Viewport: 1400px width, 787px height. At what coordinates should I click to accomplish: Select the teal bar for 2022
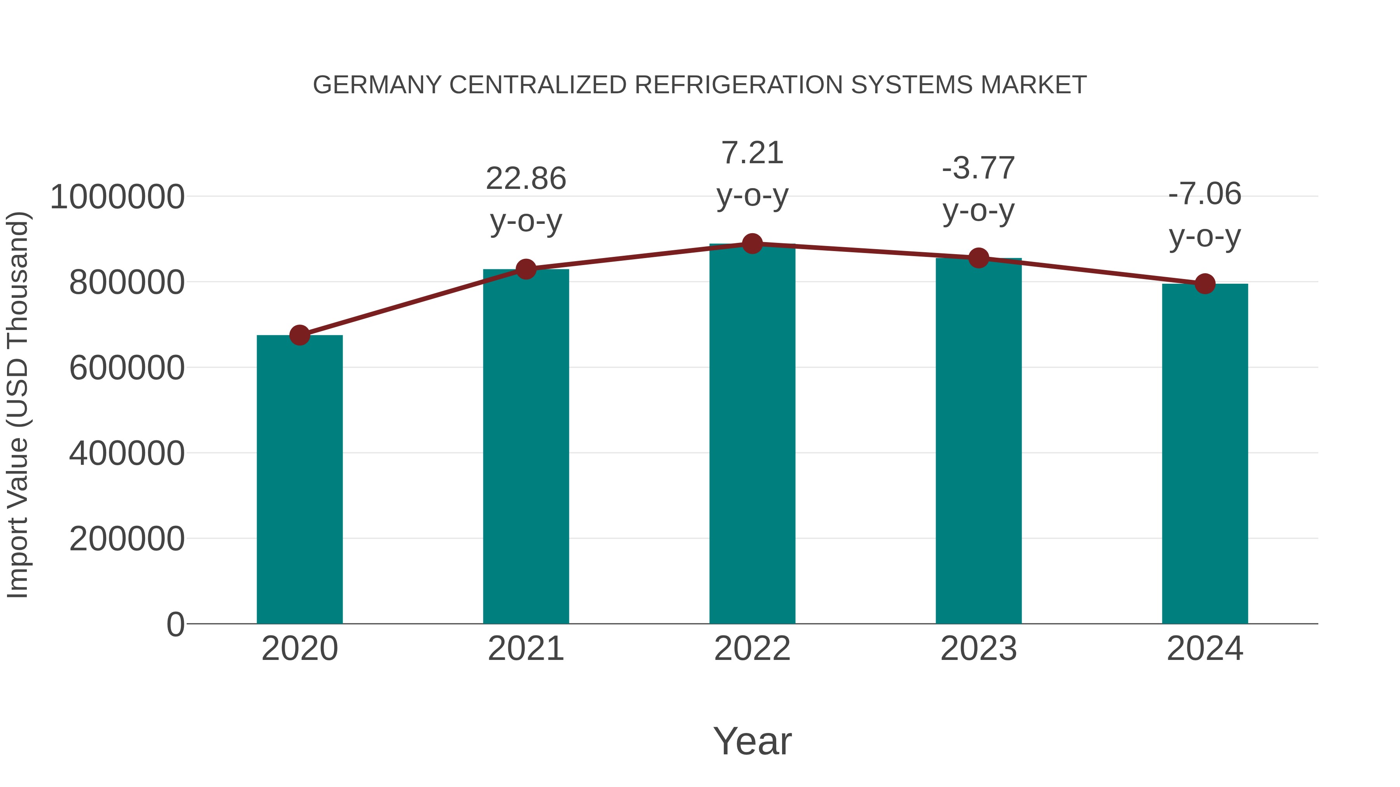(752, 435)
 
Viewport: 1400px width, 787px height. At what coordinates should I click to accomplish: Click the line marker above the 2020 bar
(299, 335)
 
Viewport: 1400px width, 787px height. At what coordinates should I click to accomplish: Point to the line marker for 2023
(978, 258)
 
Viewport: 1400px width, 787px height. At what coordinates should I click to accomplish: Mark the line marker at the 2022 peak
(752, 244)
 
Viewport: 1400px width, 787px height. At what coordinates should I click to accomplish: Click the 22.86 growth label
(525, 179)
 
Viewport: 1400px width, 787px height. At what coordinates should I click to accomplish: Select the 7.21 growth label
(752, 153)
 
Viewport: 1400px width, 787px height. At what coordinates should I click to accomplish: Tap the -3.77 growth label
(978, 168)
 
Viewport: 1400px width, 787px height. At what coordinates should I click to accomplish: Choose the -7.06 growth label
(1205, 194)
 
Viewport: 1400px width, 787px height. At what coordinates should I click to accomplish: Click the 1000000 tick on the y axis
(117, 197)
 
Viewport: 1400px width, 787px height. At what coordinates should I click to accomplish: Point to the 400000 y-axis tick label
(127, 453)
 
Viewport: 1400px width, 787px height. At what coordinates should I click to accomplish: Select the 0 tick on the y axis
(175, 624)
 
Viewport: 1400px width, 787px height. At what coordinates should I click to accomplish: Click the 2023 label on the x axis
(978, 649)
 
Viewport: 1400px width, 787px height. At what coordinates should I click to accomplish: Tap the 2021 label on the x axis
(525, 649)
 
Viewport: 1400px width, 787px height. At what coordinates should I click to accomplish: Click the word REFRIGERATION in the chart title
(738, 85)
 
